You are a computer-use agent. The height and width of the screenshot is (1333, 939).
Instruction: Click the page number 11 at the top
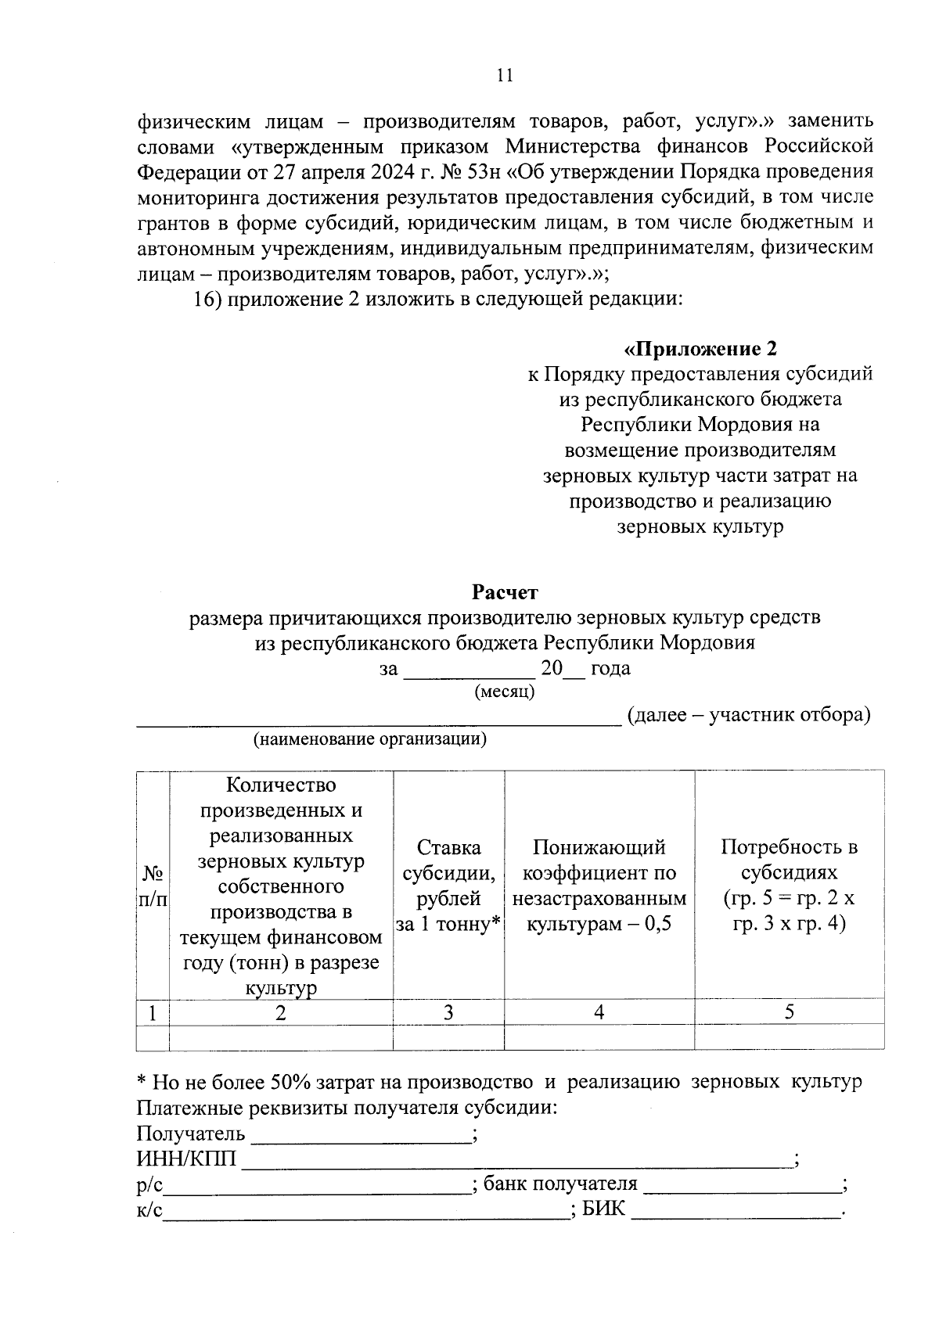(505, 76)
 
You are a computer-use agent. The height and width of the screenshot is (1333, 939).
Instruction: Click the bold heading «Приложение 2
(700, 348)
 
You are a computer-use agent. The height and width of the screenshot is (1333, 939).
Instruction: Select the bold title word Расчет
(505, 592)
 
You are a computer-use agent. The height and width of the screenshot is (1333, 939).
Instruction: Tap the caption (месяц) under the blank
(505, 692)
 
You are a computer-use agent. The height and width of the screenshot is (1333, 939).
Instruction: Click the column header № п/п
(153, 886)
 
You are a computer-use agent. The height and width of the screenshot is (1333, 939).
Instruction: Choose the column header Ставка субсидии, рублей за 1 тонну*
(448, 886)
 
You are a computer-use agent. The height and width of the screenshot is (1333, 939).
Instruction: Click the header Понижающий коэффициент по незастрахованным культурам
(599, 886)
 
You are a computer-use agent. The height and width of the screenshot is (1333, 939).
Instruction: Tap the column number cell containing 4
(599, 1012)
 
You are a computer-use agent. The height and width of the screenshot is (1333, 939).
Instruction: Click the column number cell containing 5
(789, 1012)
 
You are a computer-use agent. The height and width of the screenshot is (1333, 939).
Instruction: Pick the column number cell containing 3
(448, 1012)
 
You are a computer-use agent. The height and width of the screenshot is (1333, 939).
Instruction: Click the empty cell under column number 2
(280, 1037)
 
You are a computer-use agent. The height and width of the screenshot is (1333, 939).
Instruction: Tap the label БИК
(605, 1209)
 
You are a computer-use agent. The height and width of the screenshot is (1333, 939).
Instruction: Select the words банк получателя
(560, 1184)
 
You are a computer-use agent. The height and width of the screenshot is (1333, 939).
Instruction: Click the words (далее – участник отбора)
(749, 715)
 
